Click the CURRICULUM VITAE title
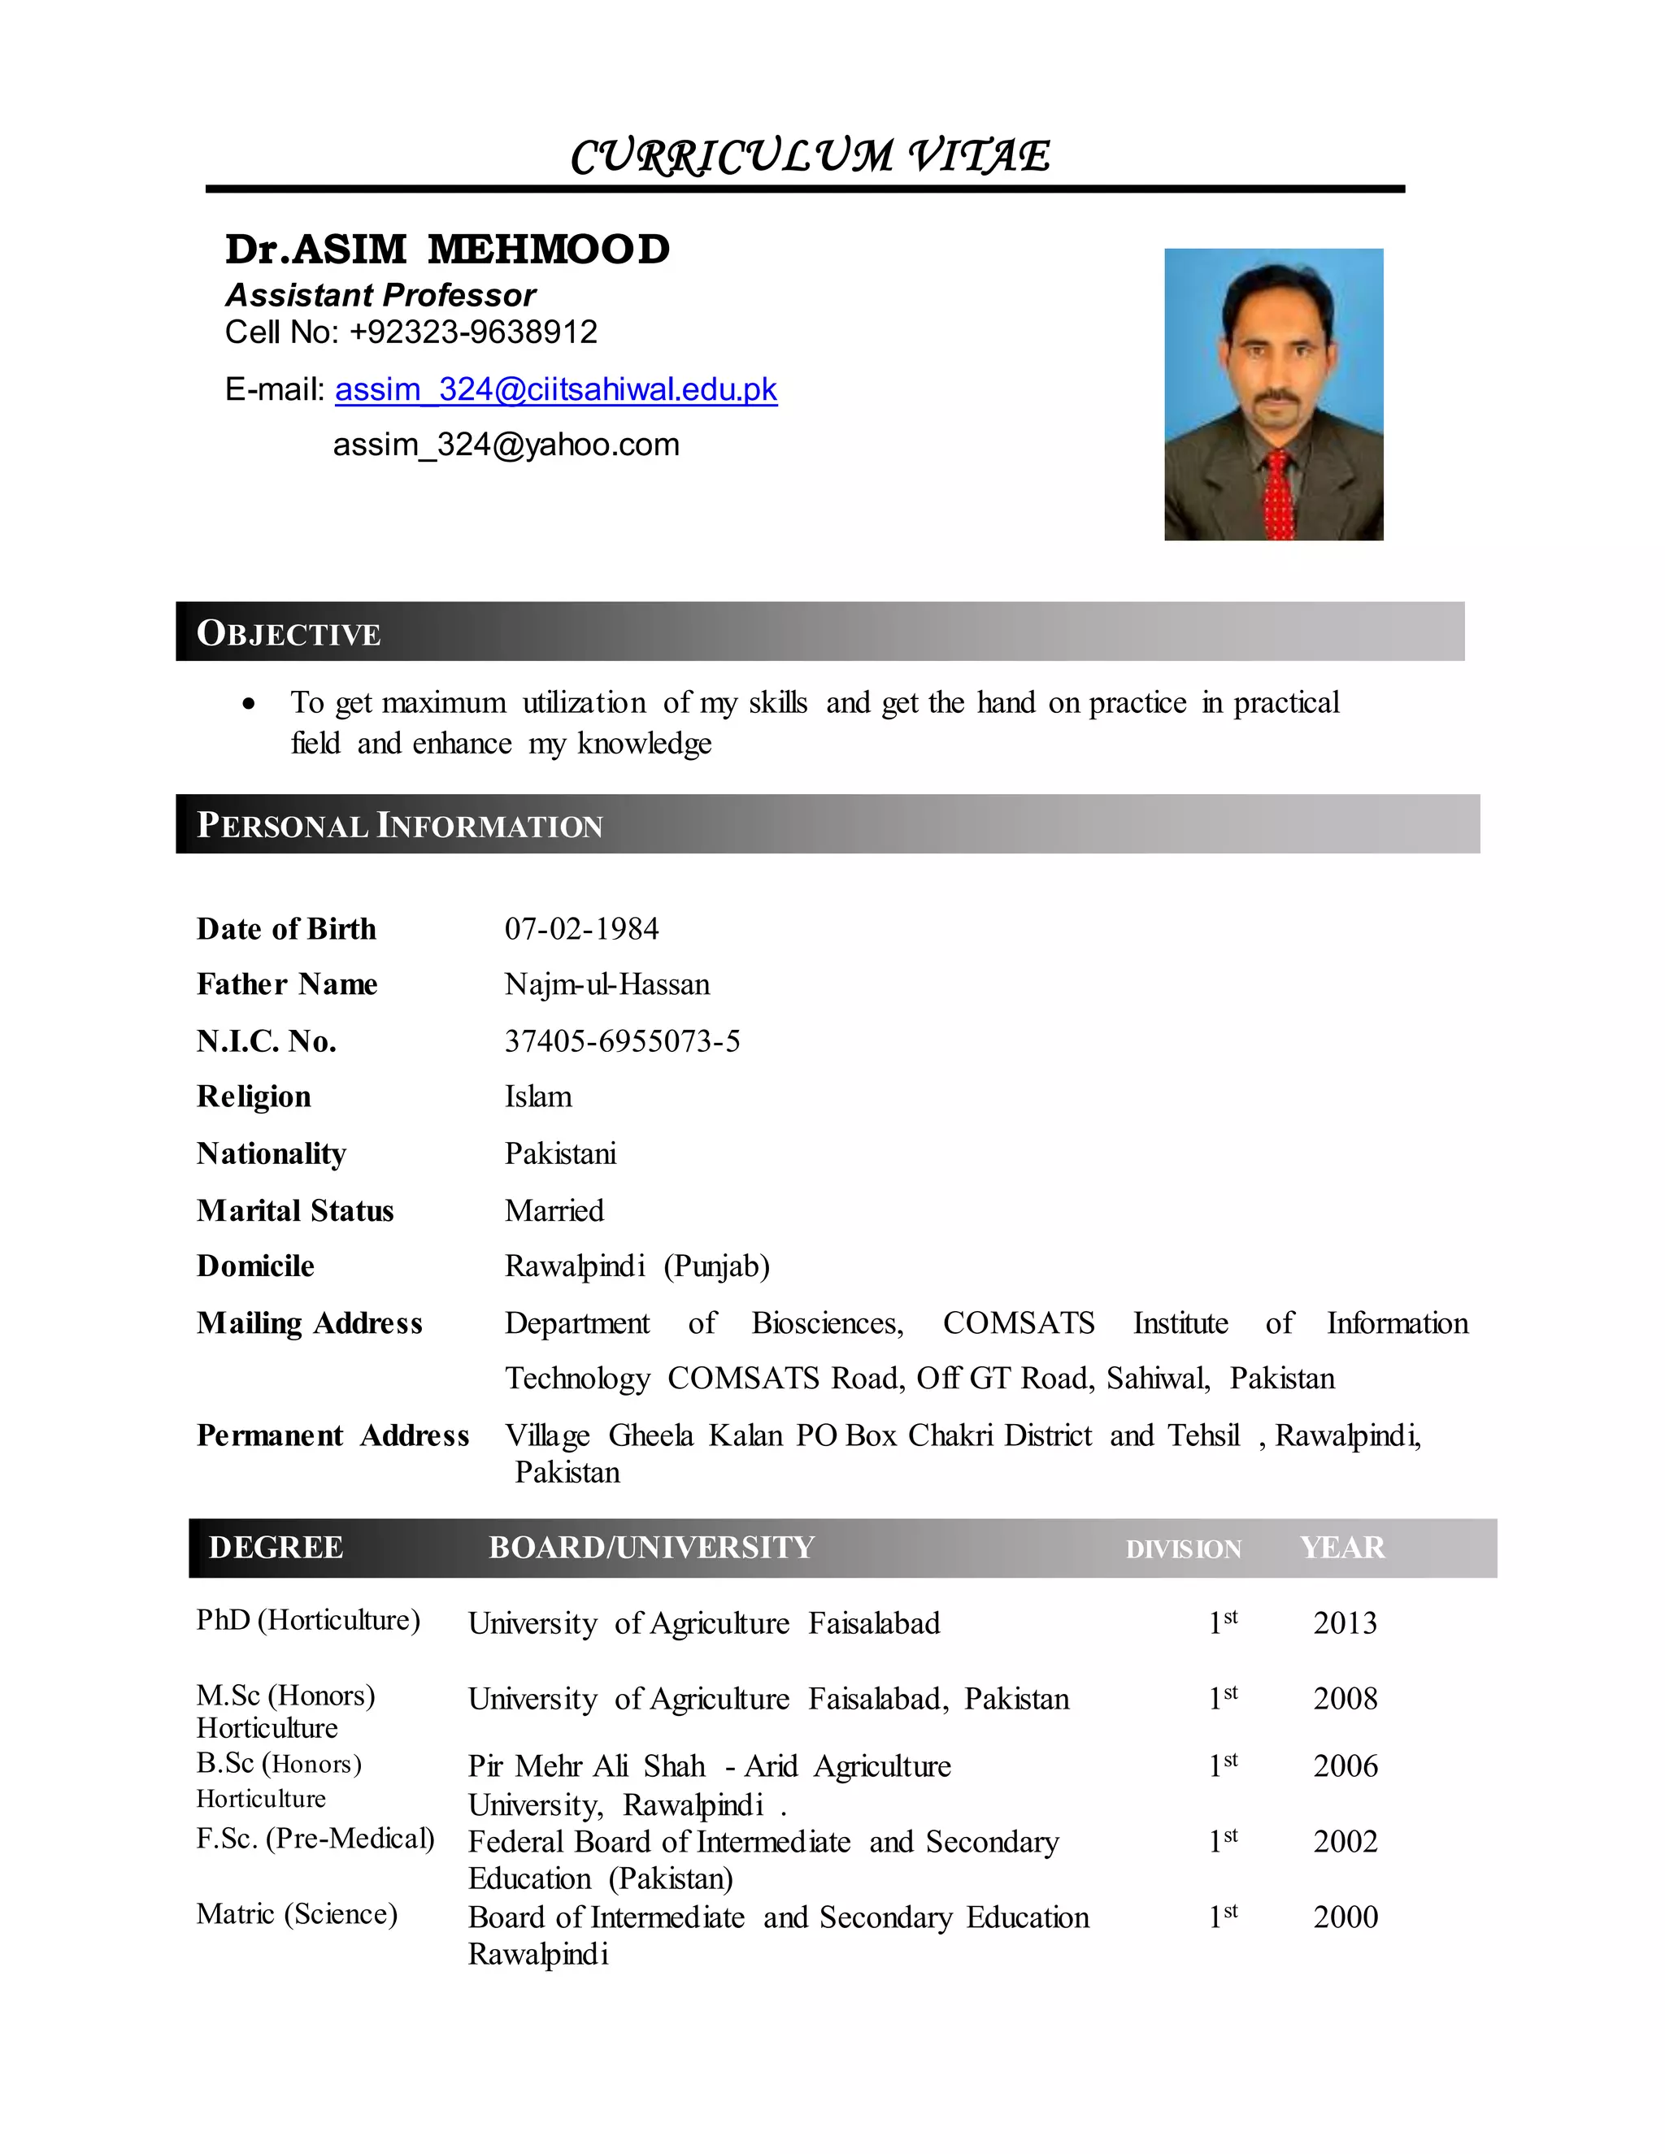[x=810, y=156]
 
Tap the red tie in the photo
[x=1278, y=493]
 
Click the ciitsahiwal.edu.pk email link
[x=555, y=389]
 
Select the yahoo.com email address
[x=506, y=445]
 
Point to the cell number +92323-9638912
[x=472, y=332]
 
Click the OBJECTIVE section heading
[x=288, y=632]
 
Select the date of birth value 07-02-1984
[x=581, y=929]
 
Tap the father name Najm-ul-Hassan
[x=606, y=984]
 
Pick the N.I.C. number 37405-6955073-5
[x=621, y=1041]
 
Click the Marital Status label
[x=295, y=1210]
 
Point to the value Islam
[x=537, y=1097]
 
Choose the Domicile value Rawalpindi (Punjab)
[x=637, y=1266]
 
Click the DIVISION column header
[x=1183, y=1549]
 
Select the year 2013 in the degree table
[x=1345, y=1622]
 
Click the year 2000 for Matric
[x=1345, y=1917]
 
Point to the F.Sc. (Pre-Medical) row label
[x=315, y=1839]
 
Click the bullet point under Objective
[x=249, y=704]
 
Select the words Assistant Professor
[x=380, y=295]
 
